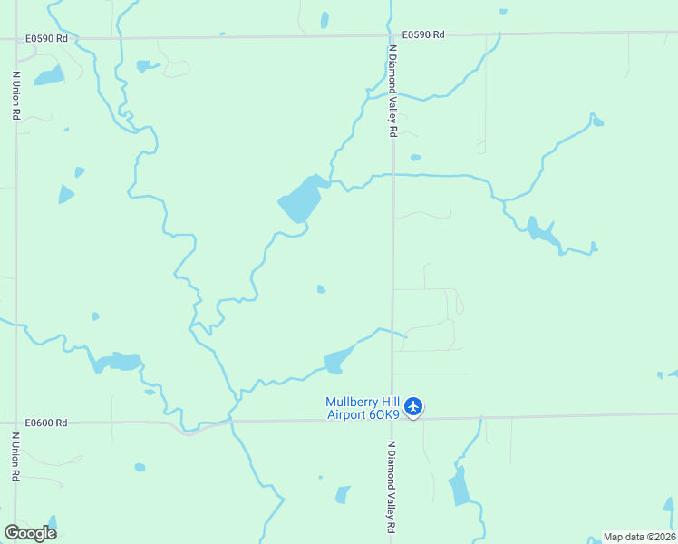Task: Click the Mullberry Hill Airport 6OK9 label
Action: (363, 408)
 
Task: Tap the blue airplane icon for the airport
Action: (413, 406)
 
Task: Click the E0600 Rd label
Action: (47, 423)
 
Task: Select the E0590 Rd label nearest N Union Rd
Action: (47, 39)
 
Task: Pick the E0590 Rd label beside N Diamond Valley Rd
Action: (424, 34)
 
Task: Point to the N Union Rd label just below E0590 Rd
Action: (15, 96)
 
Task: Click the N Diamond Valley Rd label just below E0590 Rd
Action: (392, 92)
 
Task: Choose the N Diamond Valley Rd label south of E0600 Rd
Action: (392, 487)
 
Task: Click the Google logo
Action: (30, 532)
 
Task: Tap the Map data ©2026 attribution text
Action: (640, 537)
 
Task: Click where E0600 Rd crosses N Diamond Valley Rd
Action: (392, 419)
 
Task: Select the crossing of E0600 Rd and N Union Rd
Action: (15, 423)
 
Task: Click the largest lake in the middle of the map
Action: (301, 199)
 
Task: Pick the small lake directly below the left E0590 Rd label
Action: (49, 75)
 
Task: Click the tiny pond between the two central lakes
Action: (321, 289)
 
